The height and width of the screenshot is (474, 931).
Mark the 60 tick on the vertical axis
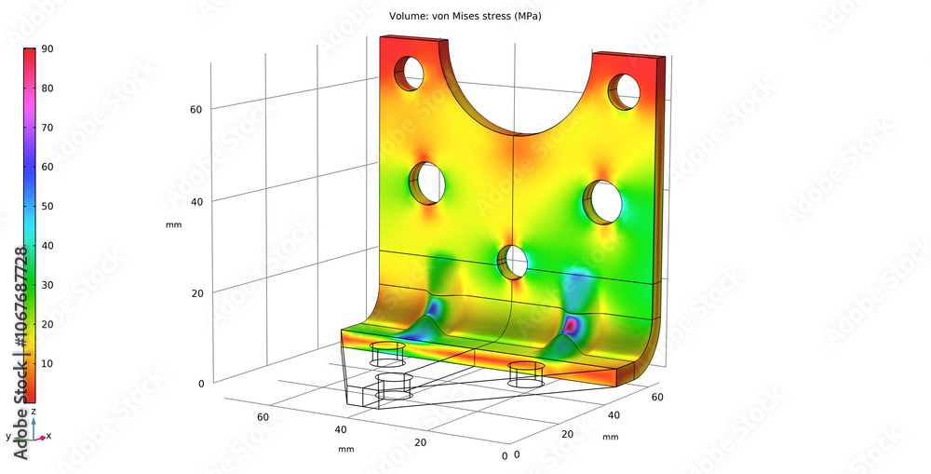[x=196, y=109]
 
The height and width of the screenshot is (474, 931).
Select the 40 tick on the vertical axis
[x=196, y=200]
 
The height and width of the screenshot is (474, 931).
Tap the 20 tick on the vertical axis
[x=196, y=292]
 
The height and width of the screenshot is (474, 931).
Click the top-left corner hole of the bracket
[x=409, y=73]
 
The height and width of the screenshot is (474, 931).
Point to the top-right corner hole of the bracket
[x=623, y=89]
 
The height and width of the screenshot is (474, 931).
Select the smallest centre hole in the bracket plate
[x=512, y=262]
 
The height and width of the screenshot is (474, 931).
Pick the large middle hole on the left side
[x=428, y=183]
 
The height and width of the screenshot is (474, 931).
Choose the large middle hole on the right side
[x=602, y=201]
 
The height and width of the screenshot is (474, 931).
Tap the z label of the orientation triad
[x=34, y=411]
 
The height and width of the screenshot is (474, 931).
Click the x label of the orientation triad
[x=48, y=436]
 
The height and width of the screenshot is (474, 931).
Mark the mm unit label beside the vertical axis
[x=174, y=224]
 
